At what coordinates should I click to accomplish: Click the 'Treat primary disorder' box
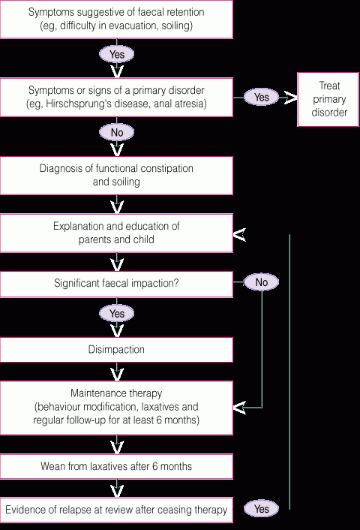click(x=328, y=99)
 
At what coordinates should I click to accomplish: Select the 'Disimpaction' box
click(x=116, y=350)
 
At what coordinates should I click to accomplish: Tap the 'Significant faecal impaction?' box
click(x=116, y=284)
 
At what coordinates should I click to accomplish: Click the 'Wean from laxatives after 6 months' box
click(x=116, y=466)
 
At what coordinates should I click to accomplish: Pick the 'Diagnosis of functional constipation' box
click(x=116, y=175)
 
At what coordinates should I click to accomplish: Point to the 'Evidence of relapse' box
click(x=116, y=510)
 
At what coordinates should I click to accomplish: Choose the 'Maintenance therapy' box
click(x=116, y=408)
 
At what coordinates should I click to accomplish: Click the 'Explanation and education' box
click(x=116, y=233)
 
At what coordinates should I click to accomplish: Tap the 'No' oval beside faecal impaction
click(x=262, y=282)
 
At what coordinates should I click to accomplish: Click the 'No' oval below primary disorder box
click(x=116, y=132)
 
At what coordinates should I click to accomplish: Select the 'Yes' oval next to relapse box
click(x=262, y=509)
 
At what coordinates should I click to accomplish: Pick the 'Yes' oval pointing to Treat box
click(x=262, y=97)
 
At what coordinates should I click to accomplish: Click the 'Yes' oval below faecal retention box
click(x=116, y=54)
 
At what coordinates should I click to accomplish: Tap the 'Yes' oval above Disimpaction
click(x=116, y=313)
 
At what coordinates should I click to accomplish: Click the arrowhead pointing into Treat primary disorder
click(x=290, y=98)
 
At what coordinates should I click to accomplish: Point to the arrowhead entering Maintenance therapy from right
click(x=239, y=408)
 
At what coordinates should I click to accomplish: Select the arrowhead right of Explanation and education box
click(x=239, y=234)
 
